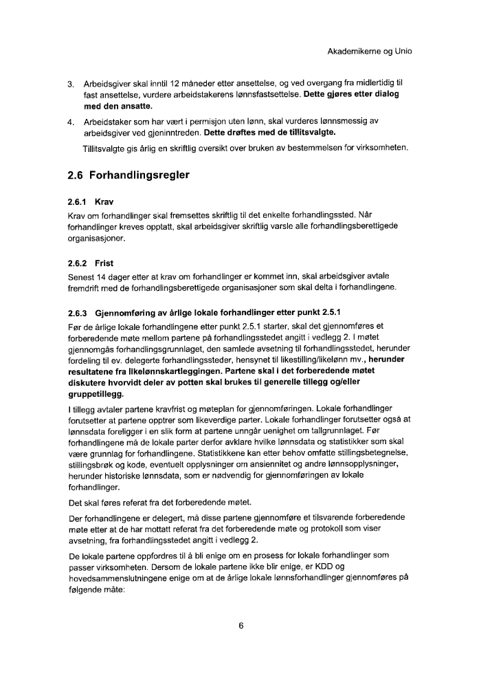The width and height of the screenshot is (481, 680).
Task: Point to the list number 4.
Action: [x=71, y=122]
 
